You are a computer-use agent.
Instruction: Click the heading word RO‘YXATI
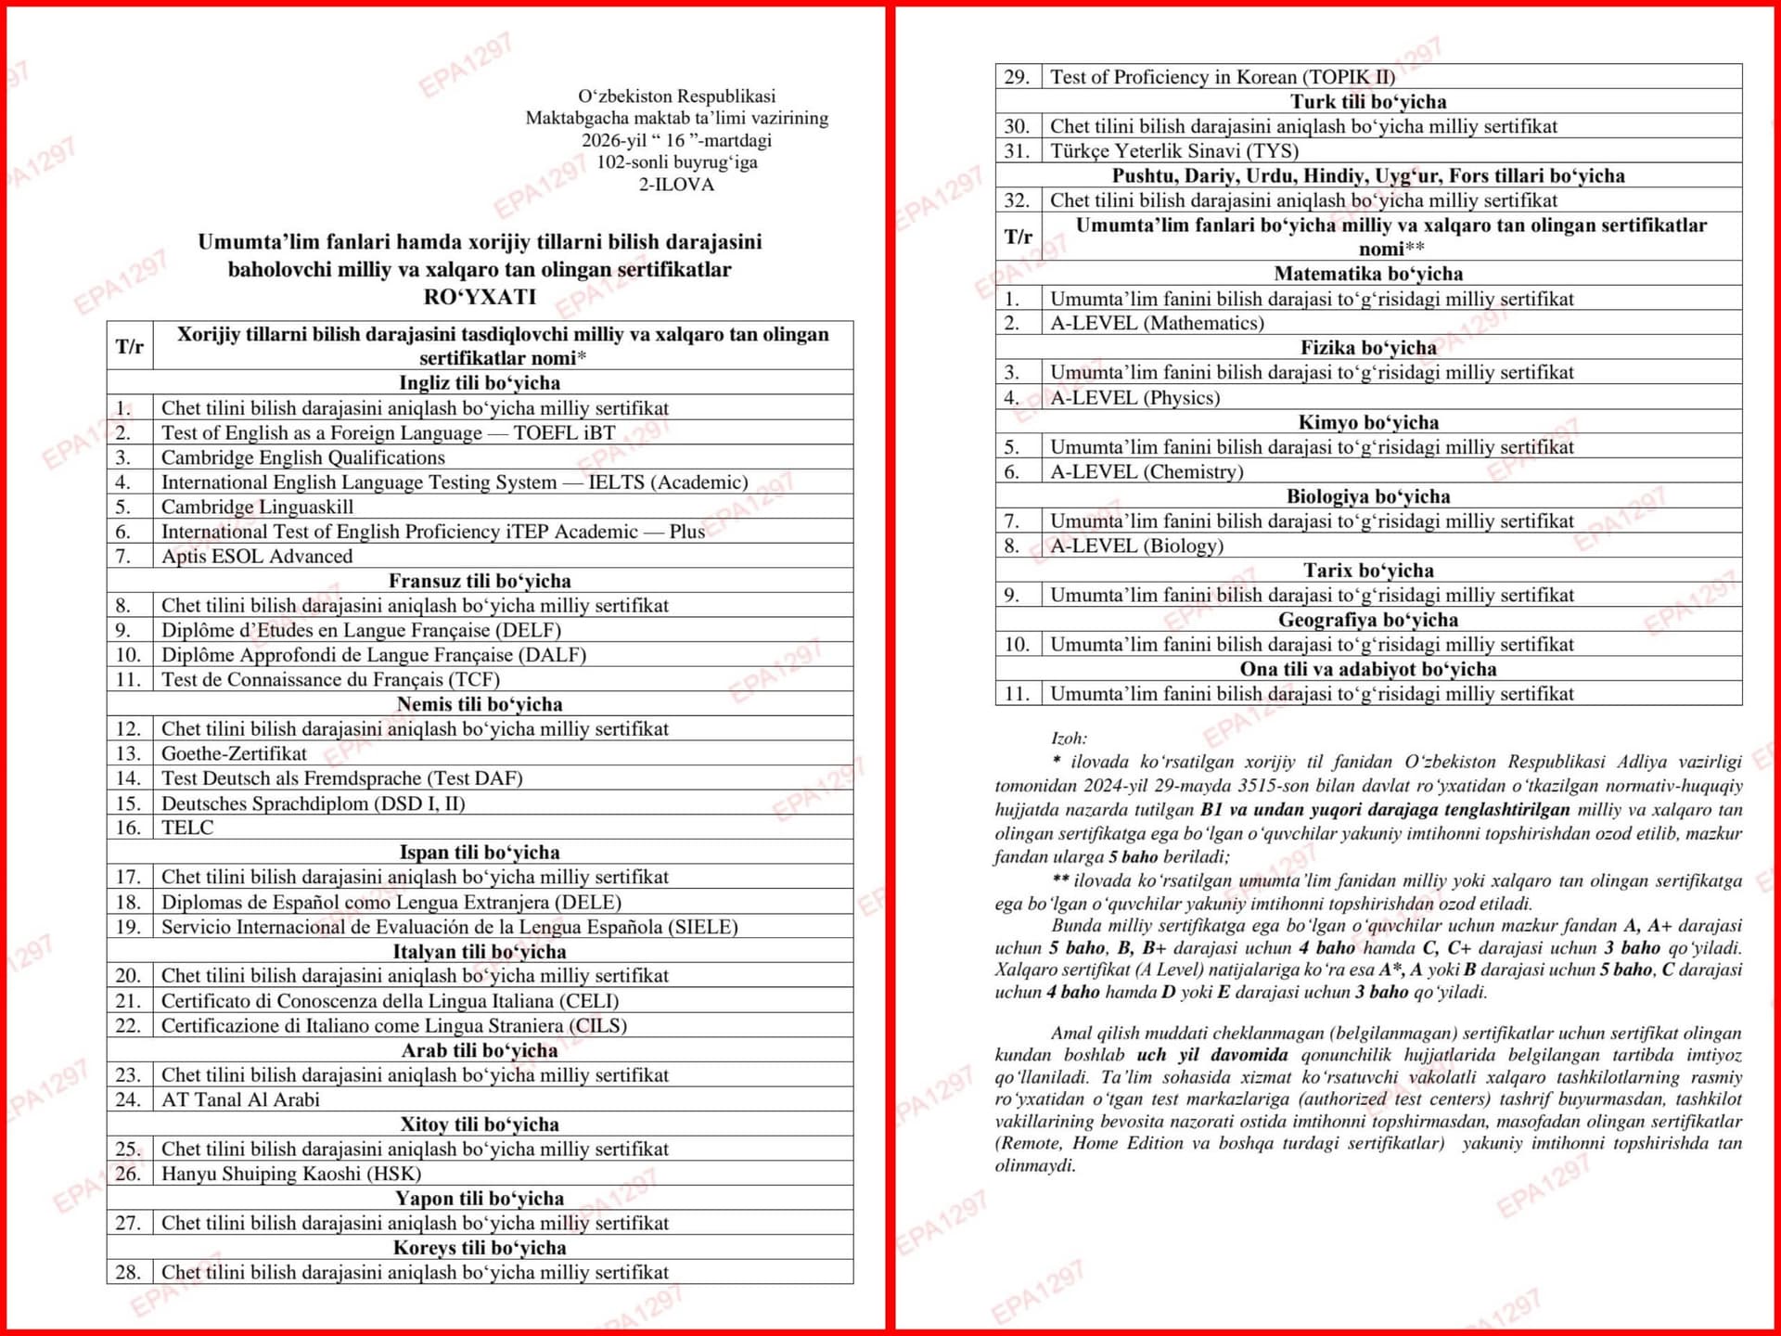point(480,297)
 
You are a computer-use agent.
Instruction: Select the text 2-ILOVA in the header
point(676,185)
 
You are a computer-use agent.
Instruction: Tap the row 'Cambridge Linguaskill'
point(256,507)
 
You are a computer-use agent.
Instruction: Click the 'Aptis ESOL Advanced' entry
point(257,557)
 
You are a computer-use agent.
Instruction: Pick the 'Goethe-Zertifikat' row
point(234,753)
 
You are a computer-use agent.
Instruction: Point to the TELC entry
point(187,828)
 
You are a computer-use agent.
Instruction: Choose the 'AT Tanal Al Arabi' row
point(240,1099)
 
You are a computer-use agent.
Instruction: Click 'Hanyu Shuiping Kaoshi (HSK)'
point(291,1174)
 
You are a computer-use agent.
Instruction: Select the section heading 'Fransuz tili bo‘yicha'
point(480,581)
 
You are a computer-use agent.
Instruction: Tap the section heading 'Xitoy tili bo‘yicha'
point(480,1124)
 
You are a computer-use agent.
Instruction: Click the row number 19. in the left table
point(128,927)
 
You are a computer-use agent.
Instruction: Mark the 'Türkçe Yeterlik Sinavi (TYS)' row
point(1173,151)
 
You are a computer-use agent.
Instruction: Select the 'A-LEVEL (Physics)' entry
point(1134,398)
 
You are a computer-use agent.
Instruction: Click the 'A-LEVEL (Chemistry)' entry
point(1147,472)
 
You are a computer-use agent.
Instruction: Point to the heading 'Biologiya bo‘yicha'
point(1368,496)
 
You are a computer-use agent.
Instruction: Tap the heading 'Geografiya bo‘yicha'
point(1368,620)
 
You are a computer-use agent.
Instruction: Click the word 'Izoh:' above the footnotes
point(1069,739)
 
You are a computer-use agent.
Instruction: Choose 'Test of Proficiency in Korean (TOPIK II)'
point(1222,77)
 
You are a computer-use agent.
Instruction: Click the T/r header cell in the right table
point(1018,237)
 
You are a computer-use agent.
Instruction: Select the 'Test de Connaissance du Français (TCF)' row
point(330,680)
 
